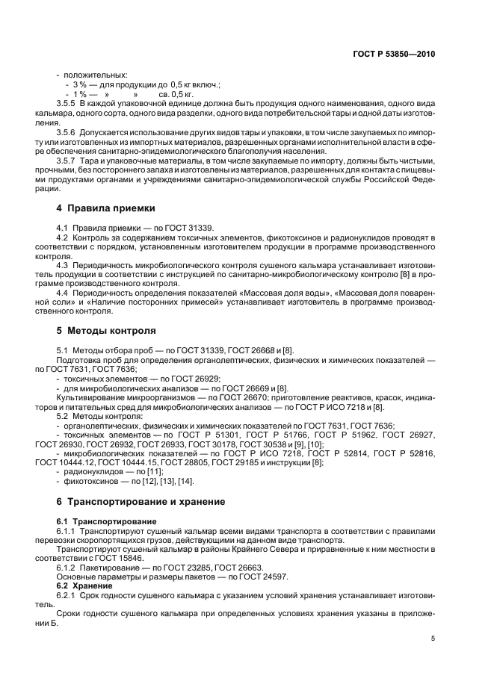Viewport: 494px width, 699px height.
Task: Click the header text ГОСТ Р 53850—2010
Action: (x=395, y=55)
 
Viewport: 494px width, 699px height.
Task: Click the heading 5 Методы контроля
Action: (x=107, y=329)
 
